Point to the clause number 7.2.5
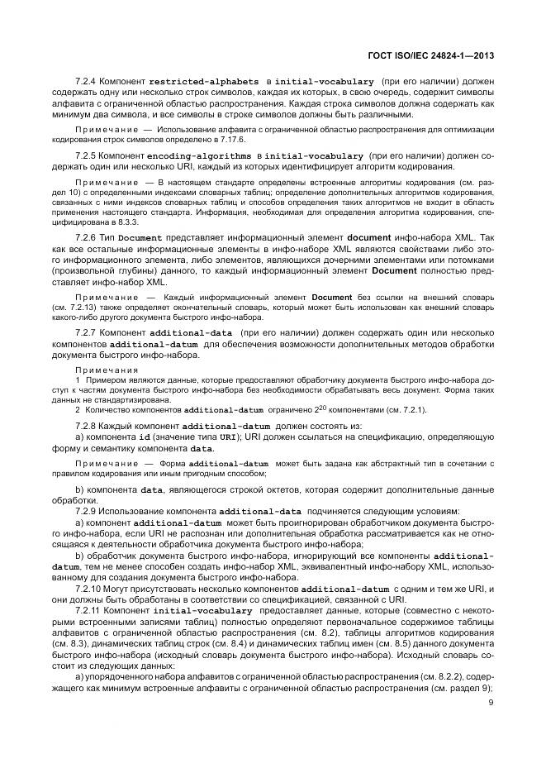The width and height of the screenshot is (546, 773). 87,155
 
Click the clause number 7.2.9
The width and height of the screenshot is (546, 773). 87,512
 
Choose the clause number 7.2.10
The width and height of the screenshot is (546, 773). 89,588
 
